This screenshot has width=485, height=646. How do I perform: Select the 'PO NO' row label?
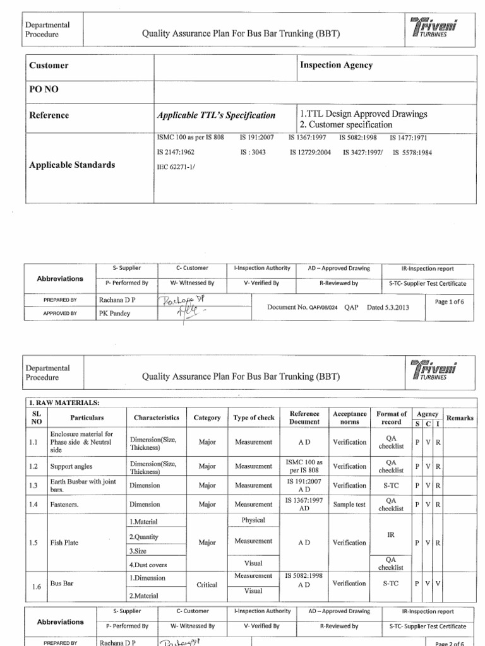pyautogui.click(x=44, y=90)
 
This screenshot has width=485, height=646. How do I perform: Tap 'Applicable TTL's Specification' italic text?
pyautogui.click(x=216, y=115)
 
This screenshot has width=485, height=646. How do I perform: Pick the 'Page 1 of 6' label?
pyautogui.click(x=450, y=302)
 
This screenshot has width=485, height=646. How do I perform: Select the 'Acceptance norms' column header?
pyautogui.click(x=349, y=418)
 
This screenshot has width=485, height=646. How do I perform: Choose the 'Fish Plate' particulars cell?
pyautogui.click(x=64, y=543)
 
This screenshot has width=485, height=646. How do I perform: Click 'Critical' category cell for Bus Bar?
pyautogui.click(x=207, y=585)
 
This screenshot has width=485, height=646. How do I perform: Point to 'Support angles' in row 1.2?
pyautogui.click(x=71, y=467)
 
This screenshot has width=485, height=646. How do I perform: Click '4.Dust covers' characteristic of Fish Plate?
pyautogui.click(x=148, y=565)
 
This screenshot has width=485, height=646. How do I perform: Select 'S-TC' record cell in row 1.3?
pyautogui.click(x=391, y=486)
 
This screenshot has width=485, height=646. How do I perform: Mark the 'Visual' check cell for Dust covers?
pyautogui.click(x=253, y=563)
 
